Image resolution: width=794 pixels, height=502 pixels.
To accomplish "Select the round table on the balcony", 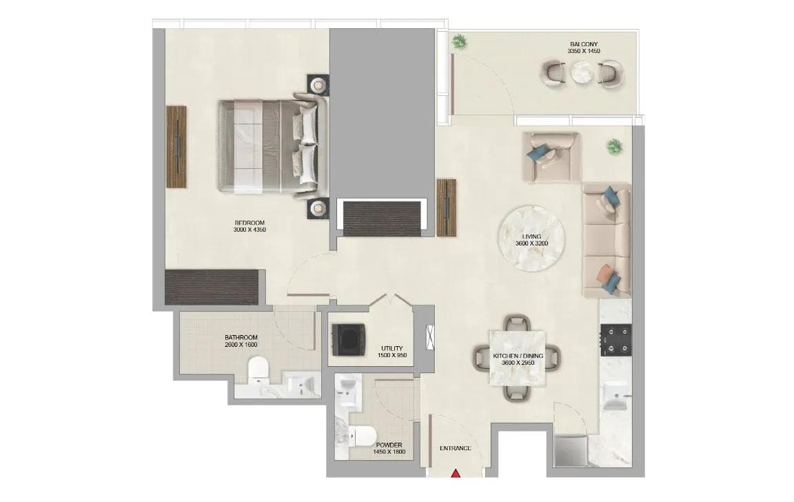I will click(x=582, y=72).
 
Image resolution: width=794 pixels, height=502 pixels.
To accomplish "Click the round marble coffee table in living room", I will click(x=531, y=239).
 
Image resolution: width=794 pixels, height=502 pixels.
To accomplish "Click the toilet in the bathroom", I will click(x=258, y=370).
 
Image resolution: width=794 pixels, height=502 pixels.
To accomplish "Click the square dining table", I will click(x=516, y=357).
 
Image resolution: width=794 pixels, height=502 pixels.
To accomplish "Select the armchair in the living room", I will click(x=552, y=156).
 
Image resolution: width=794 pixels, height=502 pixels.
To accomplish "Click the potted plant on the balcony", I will click(x=458, y=43).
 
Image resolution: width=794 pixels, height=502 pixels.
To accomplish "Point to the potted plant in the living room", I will click(x=613, y=147).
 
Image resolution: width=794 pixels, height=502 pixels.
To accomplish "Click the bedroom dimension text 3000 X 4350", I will click(x=250, y=230).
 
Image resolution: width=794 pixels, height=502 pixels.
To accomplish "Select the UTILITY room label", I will click(x=391, y=348).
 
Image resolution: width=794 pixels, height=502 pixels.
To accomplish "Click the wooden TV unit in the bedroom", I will click(x=176, y=145).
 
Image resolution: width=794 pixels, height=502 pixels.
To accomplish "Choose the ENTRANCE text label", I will click(x=456, y=448).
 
